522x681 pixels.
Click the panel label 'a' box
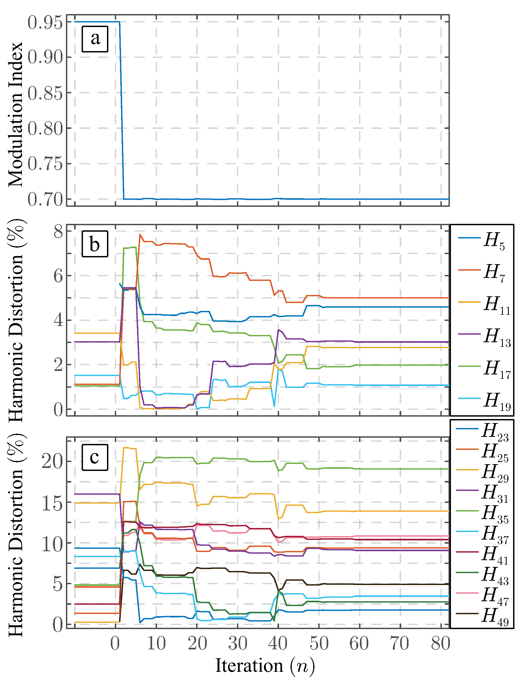click(x=95, y=39)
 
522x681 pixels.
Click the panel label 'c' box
click(x=95, y=457)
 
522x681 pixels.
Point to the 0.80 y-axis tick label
click(x=45, y=128)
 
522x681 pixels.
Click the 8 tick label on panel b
click(x=58, y=232)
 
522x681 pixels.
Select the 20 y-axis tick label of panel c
click(x=52, y=461)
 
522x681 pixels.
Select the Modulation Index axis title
click(x=16, y=114)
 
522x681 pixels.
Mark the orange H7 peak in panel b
click(x=140, y=235)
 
